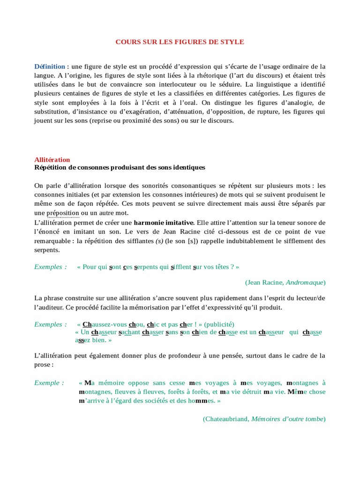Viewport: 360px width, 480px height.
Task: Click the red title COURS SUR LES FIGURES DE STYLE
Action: pos(180,42)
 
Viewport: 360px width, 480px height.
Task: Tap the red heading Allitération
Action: pos(52,160)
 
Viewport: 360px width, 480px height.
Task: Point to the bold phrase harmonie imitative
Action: pos(163,222)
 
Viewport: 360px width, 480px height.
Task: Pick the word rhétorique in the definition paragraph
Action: pos(230,75)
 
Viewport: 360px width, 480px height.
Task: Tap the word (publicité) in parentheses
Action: pos(219,324)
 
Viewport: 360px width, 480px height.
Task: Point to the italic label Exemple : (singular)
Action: pos(49,383)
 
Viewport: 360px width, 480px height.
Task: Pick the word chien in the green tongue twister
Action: pos(201,332)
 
